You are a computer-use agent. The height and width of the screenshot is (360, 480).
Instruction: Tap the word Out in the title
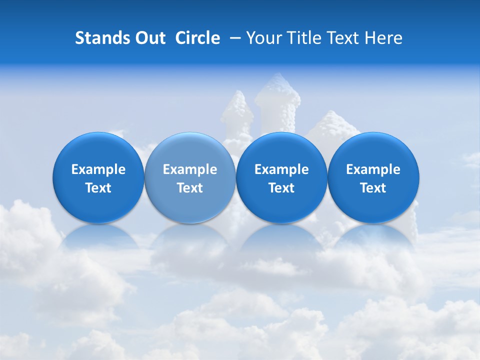click(148, 38)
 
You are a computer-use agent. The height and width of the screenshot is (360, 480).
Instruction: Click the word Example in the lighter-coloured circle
click(190, 169)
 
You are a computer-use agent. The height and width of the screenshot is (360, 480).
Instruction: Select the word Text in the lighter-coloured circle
click(190, 188)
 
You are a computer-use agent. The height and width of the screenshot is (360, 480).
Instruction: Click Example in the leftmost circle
click(98, 169)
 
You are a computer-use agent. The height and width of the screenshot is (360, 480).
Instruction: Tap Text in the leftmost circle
click(98, 188)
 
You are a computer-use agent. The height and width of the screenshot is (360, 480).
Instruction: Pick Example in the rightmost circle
click(373, 169)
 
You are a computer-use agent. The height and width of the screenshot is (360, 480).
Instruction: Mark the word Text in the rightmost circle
click(373, 188)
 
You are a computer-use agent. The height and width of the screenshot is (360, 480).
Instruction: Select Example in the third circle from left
click(281, 169)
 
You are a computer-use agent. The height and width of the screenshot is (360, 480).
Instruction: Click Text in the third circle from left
click(281, 188)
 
